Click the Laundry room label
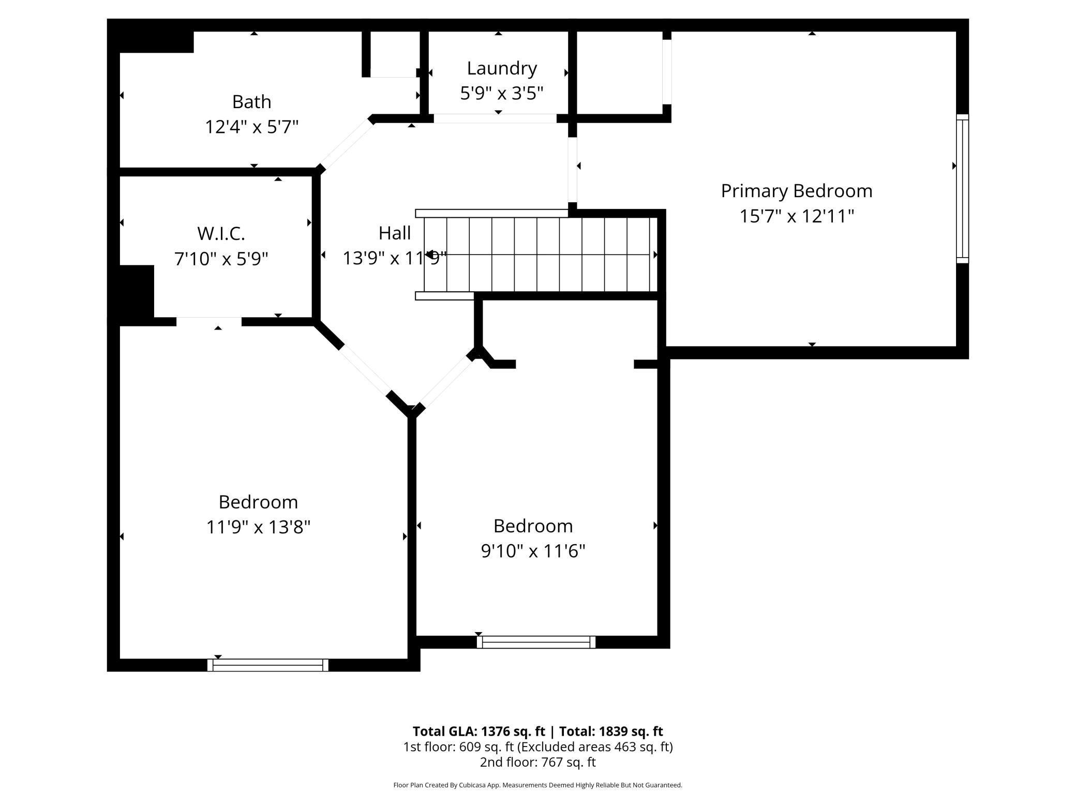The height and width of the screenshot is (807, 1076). tap(501, 68)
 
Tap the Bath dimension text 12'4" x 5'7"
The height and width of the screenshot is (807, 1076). tap(251, 127)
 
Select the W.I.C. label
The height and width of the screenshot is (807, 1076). tap(221, 233)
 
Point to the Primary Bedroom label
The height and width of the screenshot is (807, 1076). tap(796, 191)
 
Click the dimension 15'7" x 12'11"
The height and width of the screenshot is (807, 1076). tap(796, 216)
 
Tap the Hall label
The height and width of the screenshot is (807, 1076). tap(394, 233)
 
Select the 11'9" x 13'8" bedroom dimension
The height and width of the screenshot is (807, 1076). tap(258, 527)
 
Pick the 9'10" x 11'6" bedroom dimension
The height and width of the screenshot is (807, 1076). tap(533, 551)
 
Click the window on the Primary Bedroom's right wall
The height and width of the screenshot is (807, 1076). tap(962, 188)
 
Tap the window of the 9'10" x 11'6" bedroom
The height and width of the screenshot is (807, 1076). tap(536, 642)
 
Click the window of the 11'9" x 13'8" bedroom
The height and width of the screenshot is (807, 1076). tap(267, 665)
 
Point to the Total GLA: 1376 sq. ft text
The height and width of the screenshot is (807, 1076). tap(479, 731)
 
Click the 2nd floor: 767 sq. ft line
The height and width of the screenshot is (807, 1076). tap(537, 762)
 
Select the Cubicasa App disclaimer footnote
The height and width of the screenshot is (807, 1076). tap(537, 785)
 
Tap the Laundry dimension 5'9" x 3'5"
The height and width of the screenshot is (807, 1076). tap(501, 93)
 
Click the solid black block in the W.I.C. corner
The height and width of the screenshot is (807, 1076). tap(137, 291)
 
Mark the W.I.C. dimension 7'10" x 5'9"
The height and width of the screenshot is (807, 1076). tap(221, 258)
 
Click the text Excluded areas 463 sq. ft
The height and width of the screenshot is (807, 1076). tap(595, 746)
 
